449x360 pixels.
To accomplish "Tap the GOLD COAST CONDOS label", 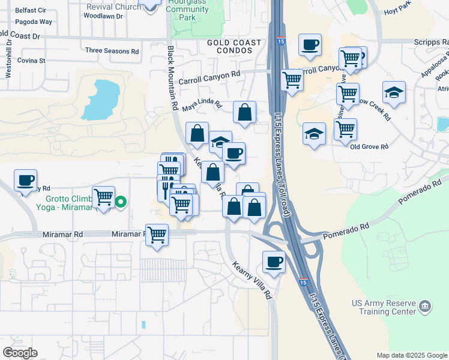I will click(234, 47).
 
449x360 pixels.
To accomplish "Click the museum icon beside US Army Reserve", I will click(425, 305).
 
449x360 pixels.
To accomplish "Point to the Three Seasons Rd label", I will click(112, 50).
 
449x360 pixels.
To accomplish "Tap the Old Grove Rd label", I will click(369, 146).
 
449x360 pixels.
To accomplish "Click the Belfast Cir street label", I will click(17, 11).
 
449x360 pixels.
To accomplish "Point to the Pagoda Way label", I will click(17, 22).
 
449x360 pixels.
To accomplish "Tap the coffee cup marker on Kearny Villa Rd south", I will click(274, 262).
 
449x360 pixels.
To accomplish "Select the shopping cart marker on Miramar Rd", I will click(157, 234).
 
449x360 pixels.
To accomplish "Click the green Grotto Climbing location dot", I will click(121, 202).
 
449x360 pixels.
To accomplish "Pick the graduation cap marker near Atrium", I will click(394, 92).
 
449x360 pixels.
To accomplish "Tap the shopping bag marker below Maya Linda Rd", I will click(244, 112).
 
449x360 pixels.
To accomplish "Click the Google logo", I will click(20, 353).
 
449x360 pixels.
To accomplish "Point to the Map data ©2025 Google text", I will click(411, 355).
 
